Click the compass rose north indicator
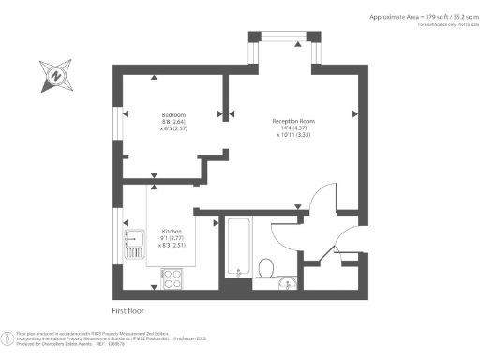(56, 73)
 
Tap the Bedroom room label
(172, 114)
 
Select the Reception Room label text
(293, 121)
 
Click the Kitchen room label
(172, 231)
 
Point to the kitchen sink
(132, 241)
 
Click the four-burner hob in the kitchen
(172, 277)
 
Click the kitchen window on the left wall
(117, 239)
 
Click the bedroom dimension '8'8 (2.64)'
(172, 122)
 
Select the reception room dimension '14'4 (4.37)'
(293, 128)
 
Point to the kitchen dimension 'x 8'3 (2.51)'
(172, 245)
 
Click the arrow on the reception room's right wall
(354, 114)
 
